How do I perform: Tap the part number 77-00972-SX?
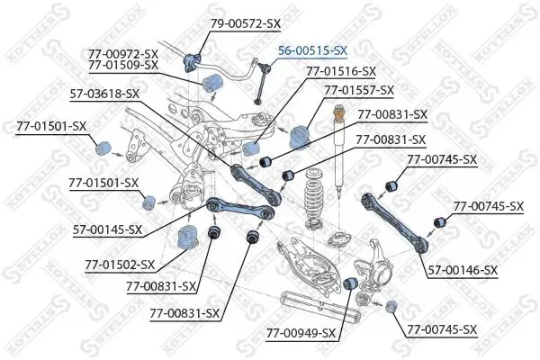[123, 54]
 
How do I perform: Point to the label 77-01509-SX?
[123, 65]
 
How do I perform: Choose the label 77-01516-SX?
[341, 70]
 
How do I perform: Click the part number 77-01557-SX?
[359, 90]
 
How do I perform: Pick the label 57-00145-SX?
[106, 229]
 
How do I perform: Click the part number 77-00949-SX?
[301, 333]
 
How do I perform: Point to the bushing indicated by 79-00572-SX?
[192, 62]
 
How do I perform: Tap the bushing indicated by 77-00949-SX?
[354, 284]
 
